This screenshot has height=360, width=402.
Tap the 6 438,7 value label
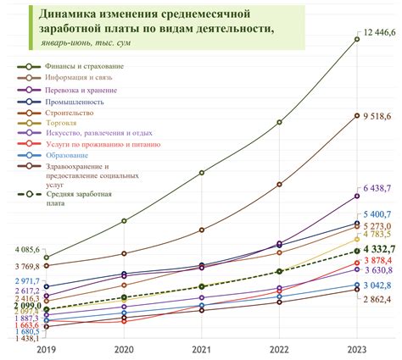click(x=375, y=189)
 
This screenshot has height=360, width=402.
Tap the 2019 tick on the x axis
click(x=47, y=348)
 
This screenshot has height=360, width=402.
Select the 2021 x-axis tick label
click(x=202, y=348)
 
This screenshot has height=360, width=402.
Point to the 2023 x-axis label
click(x=357, y=348)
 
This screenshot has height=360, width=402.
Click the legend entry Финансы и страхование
click(x=88, y=65)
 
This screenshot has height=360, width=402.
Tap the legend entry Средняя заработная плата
click(x=79, y=198)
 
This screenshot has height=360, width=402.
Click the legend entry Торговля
click(x=71, y=122)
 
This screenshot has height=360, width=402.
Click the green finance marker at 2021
click(x=202, y=173)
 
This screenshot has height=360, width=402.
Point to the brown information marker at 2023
click(x=357, y=116)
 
